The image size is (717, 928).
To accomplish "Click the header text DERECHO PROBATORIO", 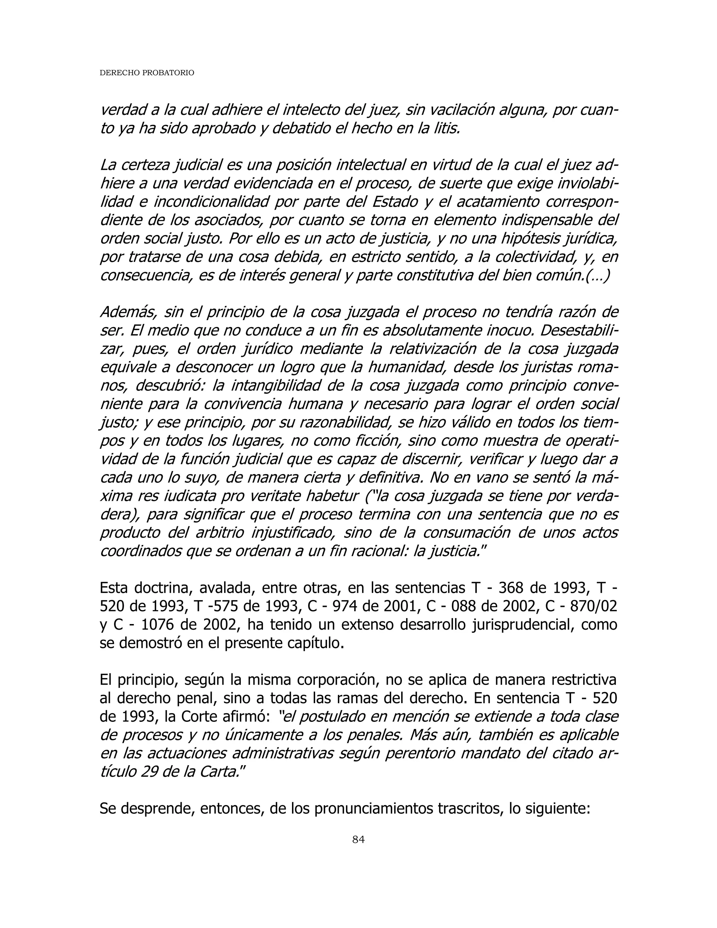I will (147, 73).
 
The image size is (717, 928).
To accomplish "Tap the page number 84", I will (358, 840).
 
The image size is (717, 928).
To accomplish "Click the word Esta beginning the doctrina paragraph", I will (114, 588).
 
